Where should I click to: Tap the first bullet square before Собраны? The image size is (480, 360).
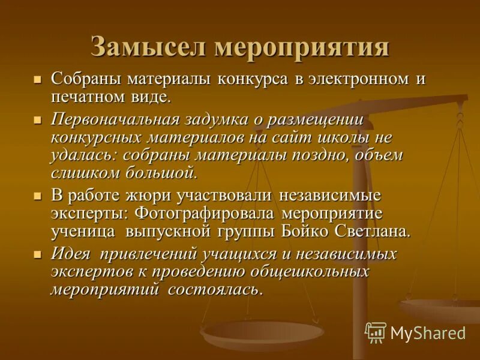tap(38, 80)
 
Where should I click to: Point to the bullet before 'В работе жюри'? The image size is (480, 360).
tap(38, 196)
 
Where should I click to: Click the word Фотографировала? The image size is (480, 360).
tap(205, 214)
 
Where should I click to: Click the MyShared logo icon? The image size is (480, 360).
tap(376, 332)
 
